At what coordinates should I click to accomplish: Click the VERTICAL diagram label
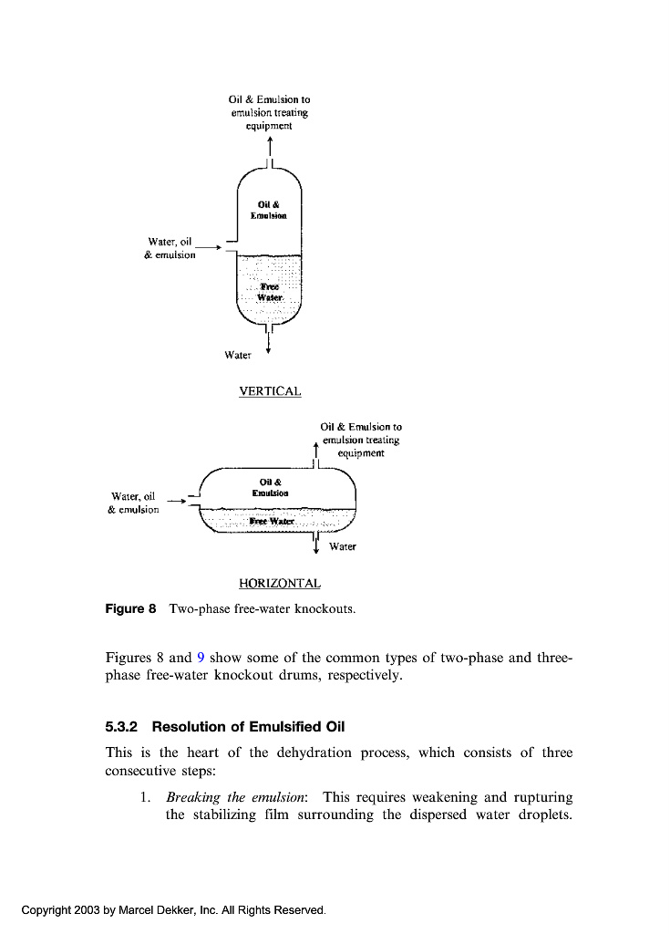pyautogui.click(x=270, y=391)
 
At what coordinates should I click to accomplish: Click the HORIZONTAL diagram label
pyautogui.click(x=279, y=583)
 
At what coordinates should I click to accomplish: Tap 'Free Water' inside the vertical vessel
pyautogui.click(x=270, y=292)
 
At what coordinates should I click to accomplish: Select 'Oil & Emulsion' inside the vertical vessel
pyautogui.click(x=269, y=211)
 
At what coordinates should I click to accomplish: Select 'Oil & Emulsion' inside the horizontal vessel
pyautogui.click(x=271, y=487)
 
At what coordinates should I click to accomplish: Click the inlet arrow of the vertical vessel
pyautogui.click(x=209, y=246)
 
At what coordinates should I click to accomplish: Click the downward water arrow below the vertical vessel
pyautogui.click(x=268, y=344)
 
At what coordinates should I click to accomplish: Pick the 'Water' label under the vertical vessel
pyautogui.click(x=237, y=355)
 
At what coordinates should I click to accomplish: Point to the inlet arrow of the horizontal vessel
pyautogui.click(x=173, y=499)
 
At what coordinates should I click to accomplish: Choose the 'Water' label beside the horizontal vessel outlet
pyautogui.click(x=342, y=546)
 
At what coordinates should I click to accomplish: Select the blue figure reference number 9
pyautogui.click(x=201, y=658)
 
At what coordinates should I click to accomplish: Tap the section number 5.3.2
pyautogui.click(x=122, y=727)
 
